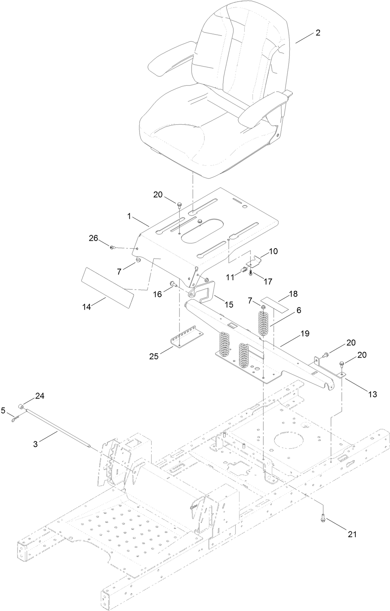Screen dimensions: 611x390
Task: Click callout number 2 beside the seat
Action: (318, 33)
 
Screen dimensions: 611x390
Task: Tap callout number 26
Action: (93, 238)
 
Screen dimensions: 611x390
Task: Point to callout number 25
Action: (154, 356)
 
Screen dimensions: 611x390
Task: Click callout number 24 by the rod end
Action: (40, 396)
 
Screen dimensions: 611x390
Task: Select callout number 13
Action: (372, 394)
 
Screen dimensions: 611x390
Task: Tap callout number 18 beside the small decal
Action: (293, 294)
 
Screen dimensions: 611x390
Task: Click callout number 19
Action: (304, 334)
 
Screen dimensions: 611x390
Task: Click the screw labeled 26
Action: (112, 247)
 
